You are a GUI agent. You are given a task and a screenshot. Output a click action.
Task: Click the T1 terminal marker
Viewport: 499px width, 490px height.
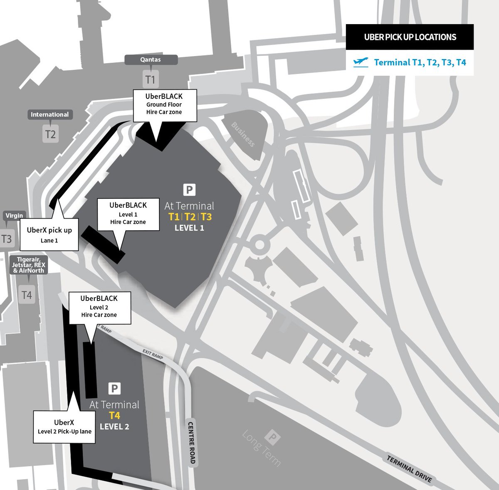click(151, 79)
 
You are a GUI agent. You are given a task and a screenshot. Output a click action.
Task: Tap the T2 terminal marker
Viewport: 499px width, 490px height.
click(50, 134)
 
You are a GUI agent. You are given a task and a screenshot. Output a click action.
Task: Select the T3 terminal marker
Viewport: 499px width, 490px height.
click(7, 239)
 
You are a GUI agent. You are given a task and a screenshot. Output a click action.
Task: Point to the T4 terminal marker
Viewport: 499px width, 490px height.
click(27, 295)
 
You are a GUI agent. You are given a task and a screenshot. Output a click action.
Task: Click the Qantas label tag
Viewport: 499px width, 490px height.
click(151, 60)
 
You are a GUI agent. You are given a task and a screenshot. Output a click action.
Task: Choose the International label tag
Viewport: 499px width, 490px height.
click(50, 115)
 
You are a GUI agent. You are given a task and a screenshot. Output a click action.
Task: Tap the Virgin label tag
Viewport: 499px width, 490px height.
click(14, 215)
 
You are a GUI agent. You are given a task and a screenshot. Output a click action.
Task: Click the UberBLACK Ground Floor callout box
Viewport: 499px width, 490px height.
click(164, 105)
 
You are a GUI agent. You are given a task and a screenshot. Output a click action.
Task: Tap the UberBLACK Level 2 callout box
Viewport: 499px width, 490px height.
click(99, 306)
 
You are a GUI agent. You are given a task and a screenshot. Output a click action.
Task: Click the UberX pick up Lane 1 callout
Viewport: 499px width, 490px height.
click(49, 235)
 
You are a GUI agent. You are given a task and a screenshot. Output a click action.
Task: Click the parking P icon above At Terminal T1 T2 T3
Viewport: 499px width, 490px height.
click(189, 190)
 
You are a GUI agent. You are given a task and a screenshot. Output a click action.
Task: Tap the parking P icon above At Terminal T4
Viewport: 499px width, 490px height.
click(114, 389)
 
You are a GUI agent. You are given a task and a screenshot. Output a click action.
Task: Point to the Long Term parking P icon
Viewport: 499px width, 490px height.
click(273, 437)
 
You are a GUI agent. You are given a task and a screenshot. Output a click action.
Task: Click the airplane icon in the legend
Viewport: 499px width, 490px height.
click(361, 62)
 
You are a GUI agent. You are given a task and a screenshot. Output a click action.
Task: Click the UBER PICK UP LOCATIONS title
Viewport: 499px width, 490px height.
click(410, 37)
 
